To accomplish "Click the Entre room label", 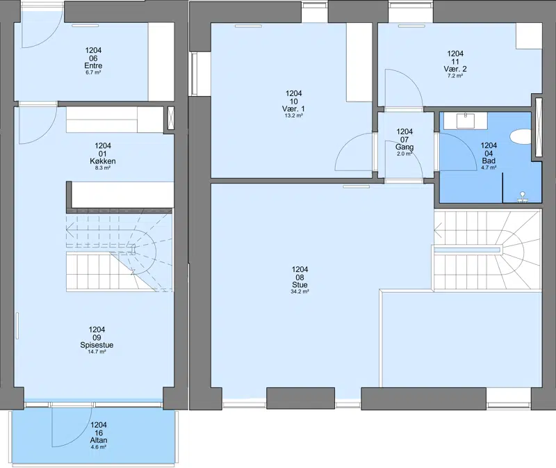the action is pyautogui.click(x=93, y=65).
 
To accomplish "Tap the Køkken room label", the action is pyautogui.click(x=103, y=161).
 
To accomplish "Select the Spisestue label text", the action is pyautogui.click(x=97, y=345).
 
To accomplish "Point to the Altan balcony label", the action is pyautogui.click(x=99, y=440).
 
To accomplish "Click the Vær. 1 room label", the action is pyautogui.click(x=293, y=109).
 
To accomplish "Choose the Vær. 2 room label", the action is pyautogui.click(x=455, y=69).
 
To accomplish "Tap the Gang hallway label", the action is pyautogui.click(x=404, y=147).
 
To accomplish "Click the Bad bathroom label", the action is pyautogui.click(x=489, y=161).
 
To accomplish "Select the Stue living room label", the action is pyautogui.click(x=300, y=284).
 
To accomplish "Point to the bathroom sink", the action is pyautogui.click(x=465, y=120).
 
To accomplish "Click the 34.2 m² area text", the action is pyautogui.click(x=300, y=291).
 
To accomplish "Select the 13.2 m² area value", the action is pyautogui.click(x=293, y=115).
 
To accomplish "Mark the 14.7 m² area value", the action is pyautogui.click(x=97, y=352).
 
